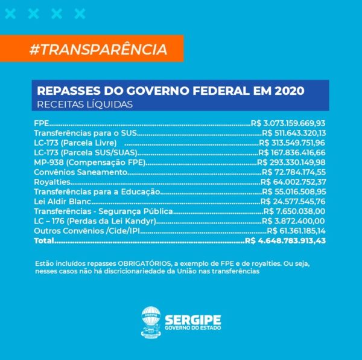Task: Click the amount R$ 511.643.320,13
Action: tap(293, 133)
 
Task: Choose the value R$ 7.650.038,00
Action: tap(295, 211)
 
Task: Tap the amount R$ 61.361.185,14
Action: tap(296, 231)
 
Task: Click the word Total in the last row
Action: tap(44, 241)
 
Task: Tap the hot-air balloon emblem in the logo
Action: tap(151, 321)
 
